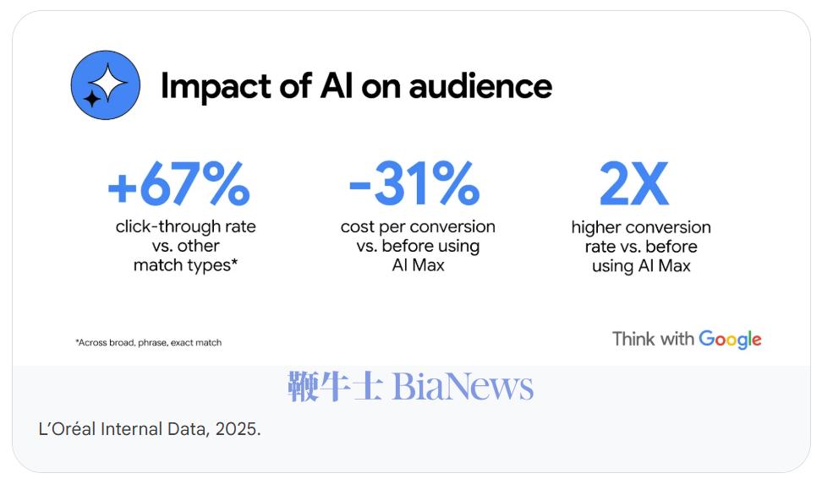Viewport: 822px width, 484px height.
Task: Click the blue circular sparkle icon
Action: [x=105, y=85]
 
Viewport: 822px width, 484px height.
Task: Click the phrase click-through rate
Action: [x=185, y=226]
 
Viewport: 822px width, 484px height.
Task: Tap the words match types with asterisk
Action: [x=184, y=265]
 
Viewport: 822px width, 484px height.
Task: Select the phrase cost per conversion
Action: [x=418, y=226]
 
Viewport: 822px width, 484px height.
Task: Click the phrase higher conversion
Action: [x=641, y=227]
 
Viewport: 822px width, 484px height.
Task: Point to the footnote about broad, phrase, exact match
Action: [x=148, y=342]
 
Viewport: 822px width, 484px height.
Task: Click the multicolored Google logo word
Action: [x=730, y=340]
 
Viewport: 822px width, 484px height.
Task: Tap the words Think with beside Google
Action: [x=653, y=339]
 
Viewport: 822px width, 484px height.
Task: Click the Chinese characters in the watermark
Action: [x=335, y=387]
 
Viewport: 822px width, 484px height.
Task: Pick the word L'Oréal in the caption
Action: [x=67, y=428]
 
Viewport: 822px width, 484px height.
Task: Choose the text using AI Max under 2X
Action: [x=641, y=266]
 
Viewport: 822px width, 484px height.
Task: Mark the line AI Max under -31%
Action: [x=418, y=265]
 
